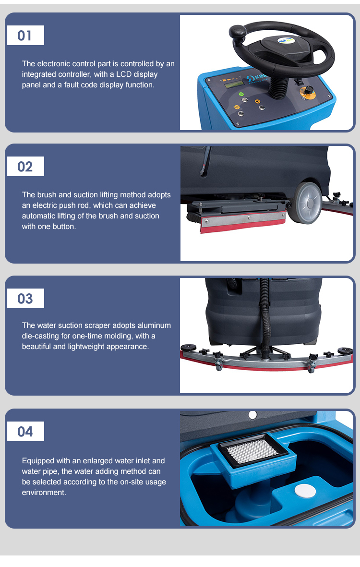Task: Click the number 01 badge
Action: tap(25, 36)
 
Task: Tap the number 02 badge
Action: tap(25, 166)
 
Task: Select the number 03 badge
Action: tap(25, 298)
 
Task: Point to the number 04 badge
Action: tap(25, 432)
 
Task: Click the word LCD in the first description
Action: tap(124, 74)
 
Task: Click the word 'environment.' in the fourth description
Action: tap(44, 493)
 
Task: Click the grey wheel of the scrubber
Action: tap(308, 203)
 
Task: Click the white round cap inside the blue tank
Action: tap(305, 491)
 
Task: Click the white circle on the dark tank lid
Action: tap(252, 415)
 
